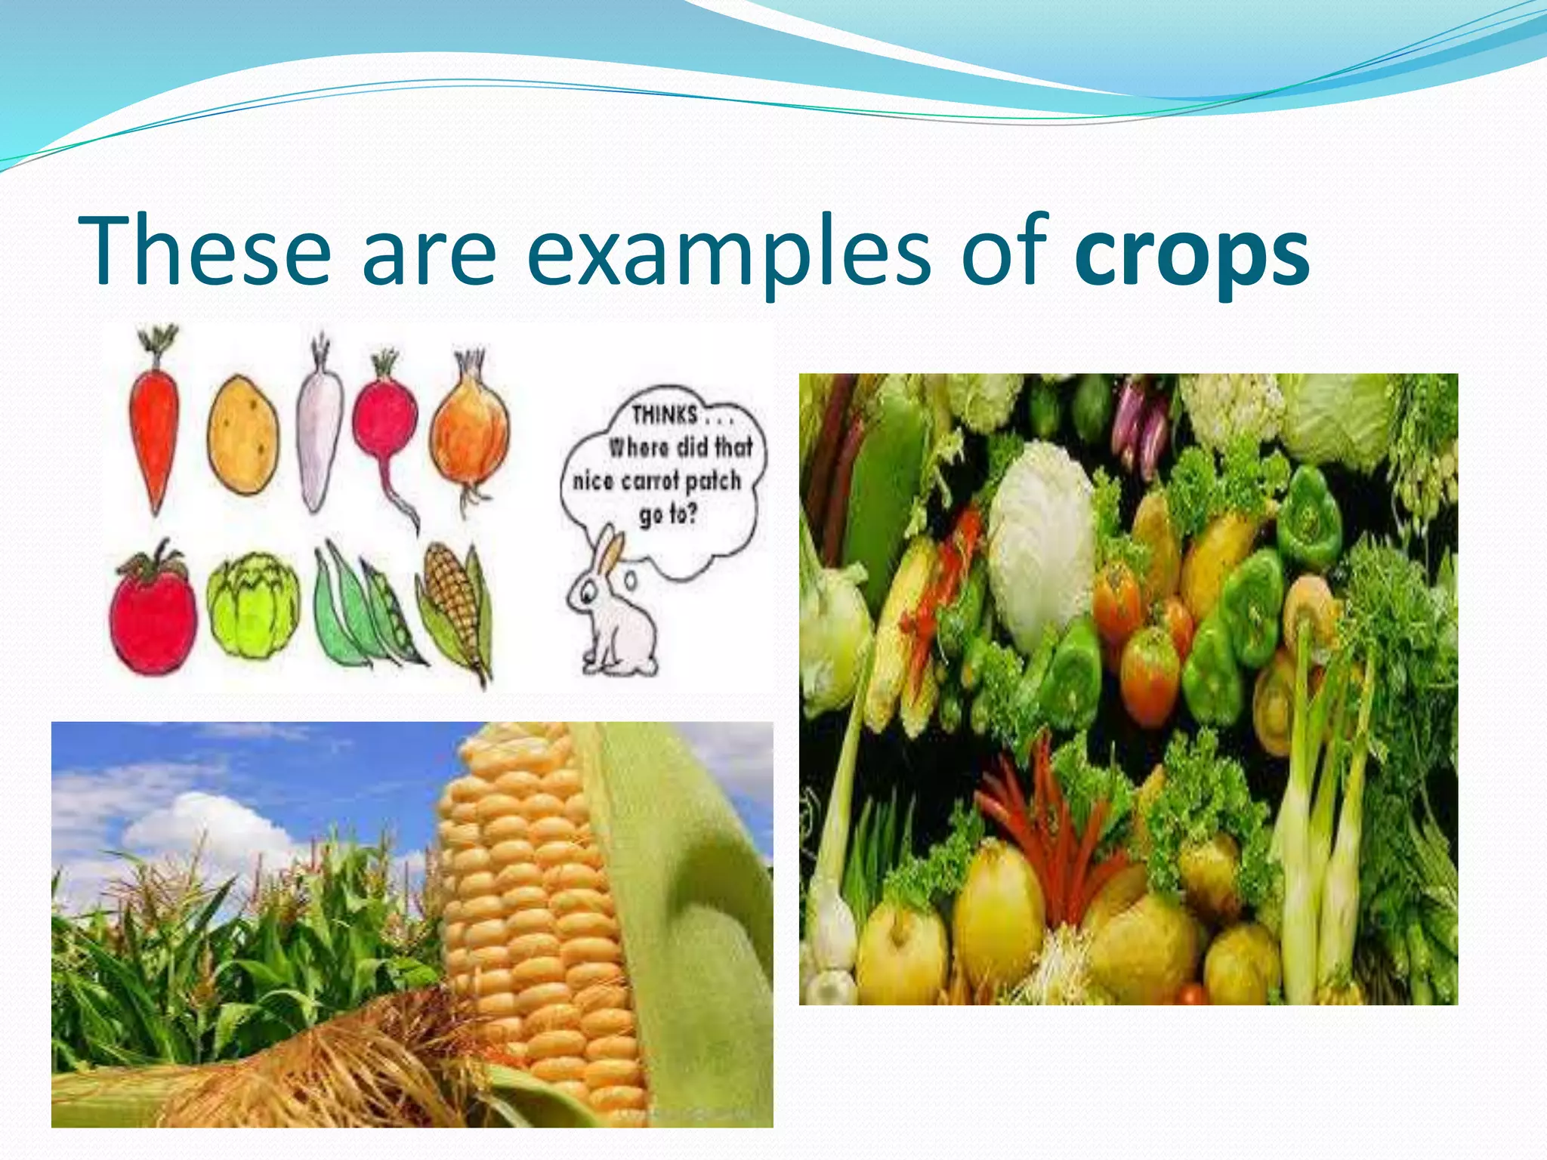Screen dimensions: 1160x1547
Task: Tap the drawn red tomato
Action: click(x=153, y=612)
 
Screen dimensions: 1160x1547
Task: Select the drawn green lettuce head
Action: click(x=252, y=605)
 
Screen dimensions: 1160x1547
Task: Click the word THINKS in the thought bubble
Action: click(x=665, y=415)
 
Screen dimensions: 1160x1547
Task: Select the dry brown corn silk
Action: click(x=325, y=1072)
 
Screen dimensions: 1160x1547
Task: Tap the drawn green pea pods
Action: click(x=363, y=612)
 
